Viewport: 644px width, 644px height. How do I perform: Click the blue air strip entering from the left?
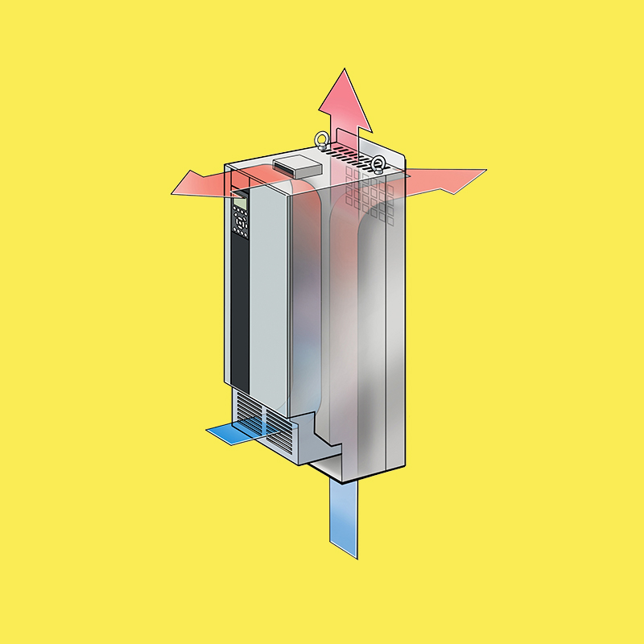233,434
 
